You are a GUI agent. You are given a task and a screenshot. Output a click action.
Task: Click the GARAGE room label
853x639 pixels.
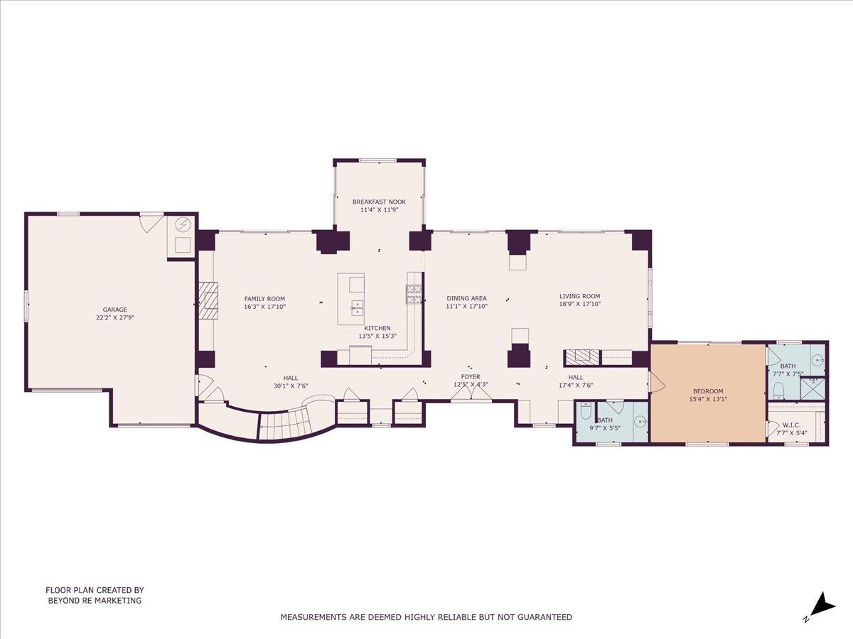point(114,310)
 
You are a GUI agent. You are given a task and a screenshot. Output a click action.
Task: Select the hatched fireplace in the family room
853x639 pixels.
point(208,302)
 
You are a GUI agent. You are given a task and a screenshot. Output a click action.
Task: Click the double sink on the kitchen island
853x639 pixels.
point(356,307)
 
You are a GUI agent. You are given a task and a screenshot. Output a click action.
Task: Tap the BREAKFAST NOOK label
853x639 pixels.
point(379,202)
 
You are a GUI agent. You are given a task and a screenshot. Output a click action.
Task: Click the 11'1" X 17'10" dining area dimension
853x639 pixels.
point(466,307)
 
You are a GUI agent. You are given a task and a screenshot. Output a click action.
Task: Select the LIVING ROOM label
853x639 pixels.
point(579,296)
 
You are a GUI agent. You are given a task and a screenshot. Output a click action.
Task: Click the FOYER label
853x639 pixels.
point(470,376)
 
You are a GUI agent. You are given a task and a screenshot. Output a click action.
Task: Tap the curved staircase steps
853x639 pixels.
point(284,425)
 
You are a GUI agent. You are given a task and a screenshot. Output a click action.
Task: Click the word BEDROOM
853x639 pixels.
point(707,390)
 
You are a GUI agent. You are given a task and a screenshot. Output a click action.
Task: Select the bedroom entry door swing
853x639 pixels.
point(656,383)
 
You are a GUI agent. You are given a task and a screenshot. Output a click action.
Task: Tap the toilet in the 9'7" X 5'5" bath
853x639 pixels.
point(586,411)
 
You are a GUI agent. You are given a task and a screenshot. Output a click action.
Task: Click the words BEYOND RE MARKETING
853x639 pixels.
point(95,600)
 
